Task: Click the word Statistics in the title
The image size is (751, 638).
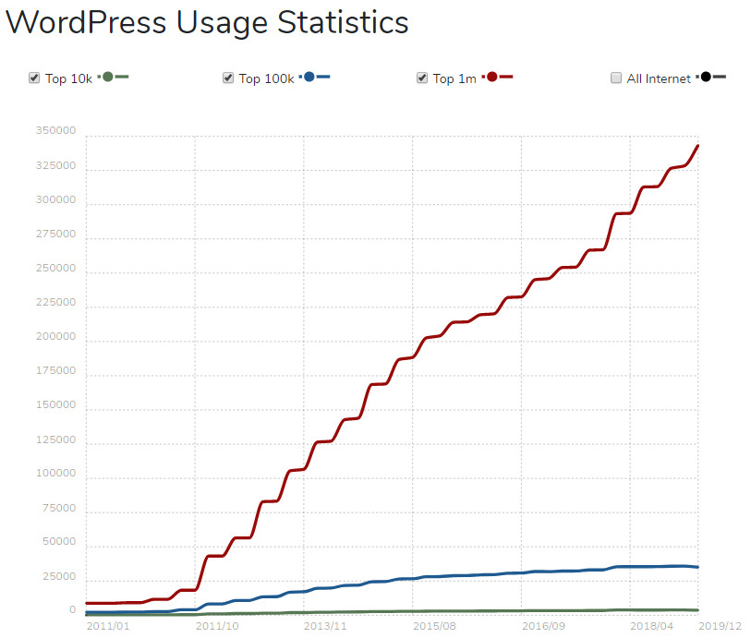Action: (343, 21)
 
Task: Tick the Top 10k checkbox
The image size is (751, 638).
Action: (34, 78)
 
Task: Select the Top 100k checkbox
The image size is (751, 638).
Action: (228, 78)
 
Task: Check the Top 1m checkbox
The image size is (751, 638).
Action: (422, 78)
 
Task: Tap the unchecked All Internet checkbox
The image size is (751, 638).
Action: (616, 78)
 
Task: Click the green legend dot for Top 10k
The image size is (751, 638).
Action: (107, 77)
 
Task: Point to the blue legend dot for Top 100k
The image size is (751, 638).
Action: (309, 77)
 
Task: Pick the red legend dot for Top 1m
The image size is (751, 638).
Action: (491, 77)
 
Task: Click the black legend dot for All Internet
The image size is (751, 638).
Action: (706, 77)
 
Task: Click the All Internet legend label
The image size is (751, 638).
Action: (659, 78)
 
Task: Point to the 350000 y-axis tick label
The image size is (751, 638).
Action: (56, 132)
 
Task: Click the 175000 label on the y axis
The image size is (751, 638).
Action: (56, 370)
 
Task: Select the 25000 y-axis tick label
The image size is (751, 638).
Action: (59, 576)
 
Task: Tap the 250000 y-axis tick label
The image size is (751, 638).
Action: (56, 269)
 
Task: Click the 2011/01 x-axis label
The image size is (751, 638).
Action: (109, 625)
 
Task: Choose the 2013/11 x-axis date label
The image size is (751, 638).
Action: (326, 625)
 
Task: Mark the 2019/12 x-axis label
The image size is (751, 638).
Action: (721, 625)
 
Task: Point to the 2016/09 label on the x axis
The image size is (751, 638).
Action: (544, 625)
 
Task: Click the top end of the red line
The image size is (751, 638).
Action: (697, 146)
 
